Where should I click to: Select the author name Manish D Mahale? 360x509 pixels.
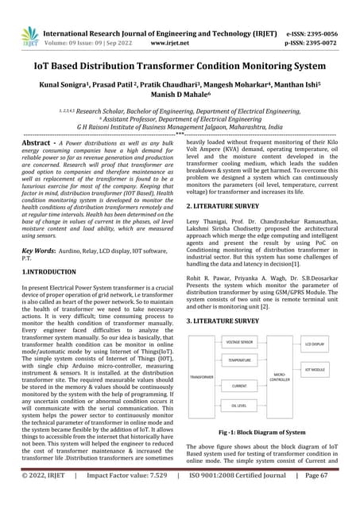180,94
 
